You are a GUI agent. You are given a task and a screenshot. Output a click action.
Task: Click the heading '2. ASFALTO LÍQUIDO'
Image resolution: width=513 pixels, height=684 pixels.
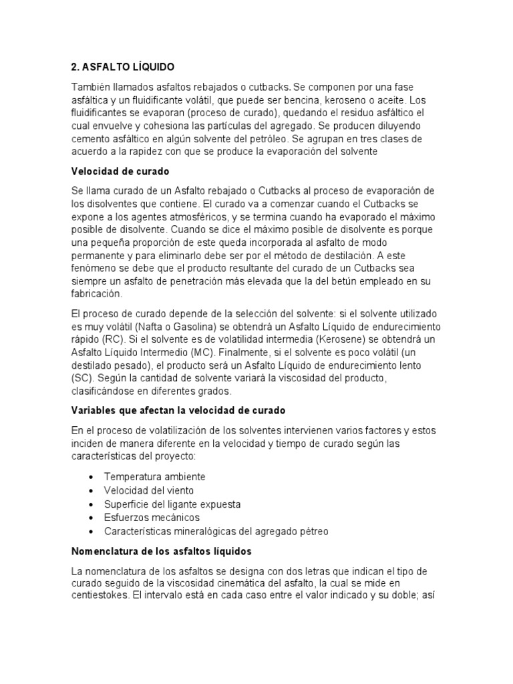click(x=122, y=67)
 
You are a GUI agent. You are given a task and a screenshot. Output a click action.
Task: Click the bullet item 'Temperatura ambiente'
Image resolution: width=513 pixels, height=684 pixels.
click(x=154, y=477)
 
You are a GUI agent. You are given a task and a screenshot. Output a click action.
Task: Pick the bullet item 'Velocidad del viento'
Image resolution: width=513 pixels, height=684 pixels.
click(x=148, y=490)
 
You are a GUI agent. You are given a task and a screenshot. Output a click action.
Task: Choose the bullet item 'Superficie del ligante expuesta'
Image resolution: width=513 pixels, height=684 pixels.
click(x=172, y=504)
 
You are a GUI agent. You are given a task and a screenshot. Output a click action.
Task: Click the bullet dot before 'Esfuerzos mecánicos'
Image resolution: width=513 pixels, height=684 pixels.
click(x=90, y=518)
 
